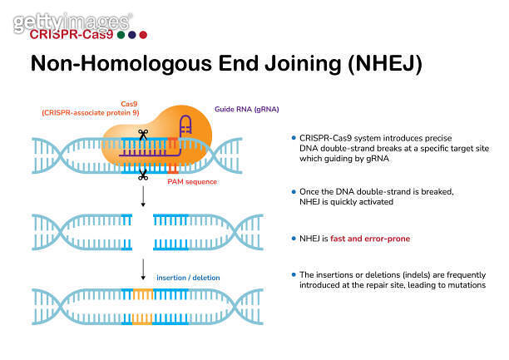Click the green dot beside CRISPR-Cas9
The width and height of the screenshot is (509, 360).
(122, 35)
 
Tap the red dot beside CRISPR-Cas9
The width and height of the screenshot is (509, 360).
(143, 35)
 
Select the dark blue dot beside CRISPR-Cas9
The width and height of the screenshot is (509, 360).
(132, 35)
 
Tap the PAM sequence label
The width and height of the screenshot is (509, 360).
(191, 180)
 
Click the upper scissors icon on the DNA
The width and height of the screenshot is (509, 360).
(143, 133)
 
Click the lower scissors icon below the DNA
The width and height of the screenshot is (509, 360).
(143, 175)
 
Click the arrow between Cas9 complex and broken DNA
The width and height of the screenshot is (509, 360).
(143, 196)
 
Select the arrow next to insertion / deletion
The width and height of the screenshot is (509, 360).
(143, 268)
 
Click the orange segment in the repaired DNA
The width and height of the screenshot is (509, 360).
(143, 301)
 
